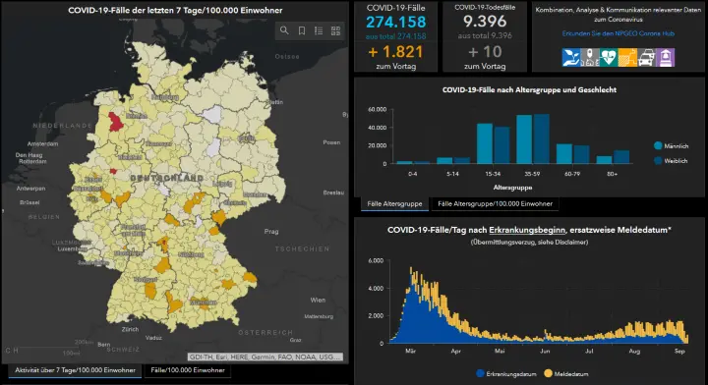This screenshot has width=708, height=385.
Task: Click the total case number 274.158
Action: coord(395,22)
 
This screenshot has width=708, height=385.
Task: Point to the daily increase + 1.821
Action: coord(395,51)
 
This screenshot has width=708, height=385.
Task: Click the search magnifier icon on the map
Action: coord(284,30)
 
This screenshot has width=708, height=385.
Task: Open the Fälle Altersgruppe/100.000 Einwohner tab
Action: coord(495,204)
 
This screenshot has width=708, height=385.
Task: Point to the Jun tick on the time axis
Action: coord(544,350)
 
